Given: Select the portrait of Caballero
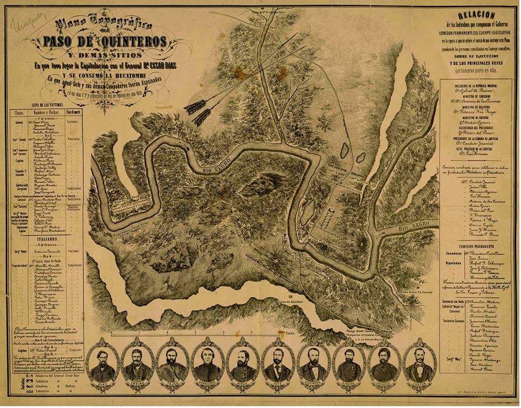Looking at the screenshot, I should coord(208,362).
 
